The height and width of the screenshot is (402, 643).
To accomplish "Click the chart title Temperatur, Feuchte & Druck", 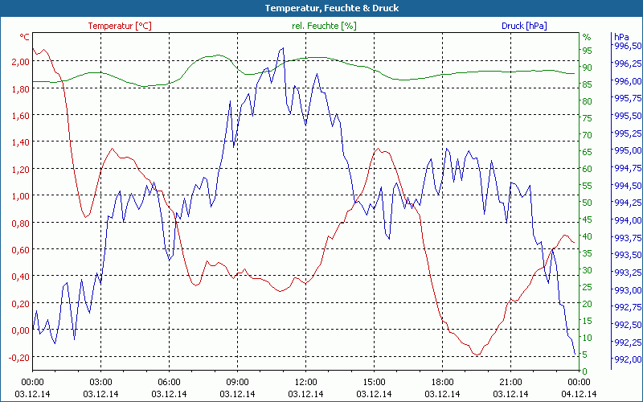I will click(x=321, y=8).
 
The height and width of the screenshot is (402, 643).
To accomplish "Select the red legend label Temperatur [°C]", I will click(x=119, y=26).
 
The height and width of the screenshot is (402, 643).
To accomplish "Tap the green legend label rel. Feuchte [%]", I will click(x=323, y=26).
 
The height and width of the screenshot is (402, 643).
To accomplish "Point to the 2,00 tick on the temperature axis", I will click(x=17, y=61).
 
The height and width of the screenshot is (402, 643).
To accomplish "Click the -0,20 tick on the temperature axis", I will click(x=16, y=357).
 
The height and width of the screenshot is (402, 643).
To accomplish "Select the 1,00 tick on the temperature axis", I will click(x=17, y=195).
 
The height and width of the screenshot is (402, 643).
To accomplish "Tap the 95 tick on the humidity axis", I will click(x=587, y=50).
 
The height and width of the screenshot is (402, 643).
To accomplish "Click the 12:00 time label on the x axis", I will click(x=306, y=381).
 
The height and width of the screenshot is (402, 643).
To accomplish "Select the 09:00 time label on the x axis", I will click(x=238, y=381).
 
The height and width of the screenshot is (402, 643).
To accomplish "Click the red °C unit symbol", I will click(x=25, y=37).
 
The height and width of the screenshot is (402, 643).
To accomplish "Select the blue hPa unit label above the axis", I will click(x=621, y=36).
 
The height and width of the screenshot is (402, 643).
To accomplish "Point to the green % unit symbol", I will click(x=587, y=36).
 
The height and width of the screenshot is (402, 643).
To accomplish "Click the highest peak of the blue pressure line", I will click(x=282, y=47).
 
